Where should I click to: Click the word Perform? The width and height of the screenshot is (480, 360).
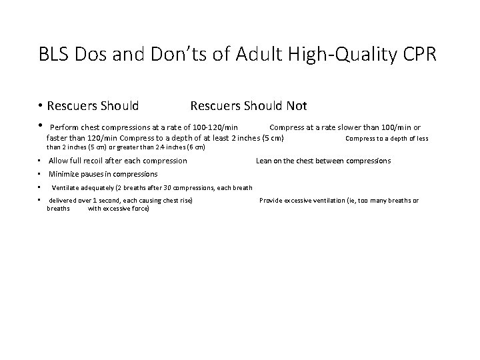(64, 127)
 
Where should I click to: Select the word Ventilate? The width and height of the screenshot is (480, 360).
(67, 187)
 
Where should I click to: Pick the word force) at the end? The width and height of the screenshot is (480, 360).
(139, 209)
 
